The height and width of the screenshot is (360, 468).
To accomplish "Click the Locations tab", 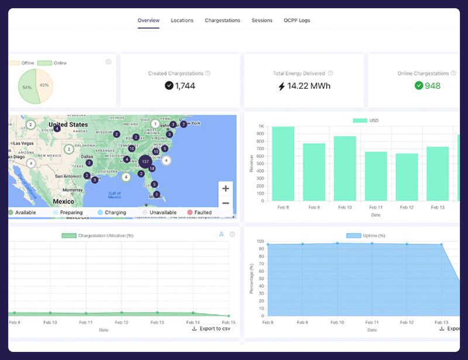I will tap(182, 20).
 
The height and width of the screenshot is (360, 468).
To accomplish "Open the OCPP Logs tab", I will tap(297, 20).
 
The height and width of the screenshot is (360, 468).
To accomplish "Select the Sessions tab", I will tap(262, 20).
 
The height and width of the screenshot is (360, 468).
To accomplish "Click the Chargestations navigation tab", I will tap(222, 20).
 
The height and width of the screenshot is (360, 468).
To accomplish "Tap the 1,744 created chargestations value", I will tap(180, 86).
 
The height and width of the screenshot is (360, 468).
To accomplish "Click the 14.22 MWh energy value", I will tap(304, 86).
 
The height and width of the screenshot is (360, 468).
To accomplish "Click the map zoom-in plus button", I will tap(226, 189).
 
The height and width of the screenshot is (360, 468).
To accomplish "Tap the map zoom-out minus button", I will tap(226, 203).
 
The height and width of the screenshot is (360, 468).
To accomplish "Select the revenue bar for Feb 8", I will tap(284, 164).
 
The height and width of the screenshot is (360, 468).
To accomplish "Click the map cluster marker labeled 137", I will tap(145, 161).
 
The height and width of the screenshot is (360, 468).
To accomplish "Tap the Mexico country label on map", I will tap(63, 201).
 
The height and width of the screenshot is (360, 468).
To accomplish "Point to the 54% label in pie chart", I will tap(27, 88).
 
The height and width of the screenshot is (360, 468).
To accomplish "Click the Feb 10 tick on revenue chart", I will tap(345, 207).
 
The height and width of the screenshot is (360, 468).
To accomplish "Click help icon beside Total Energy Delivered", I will tap(331, 74).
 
